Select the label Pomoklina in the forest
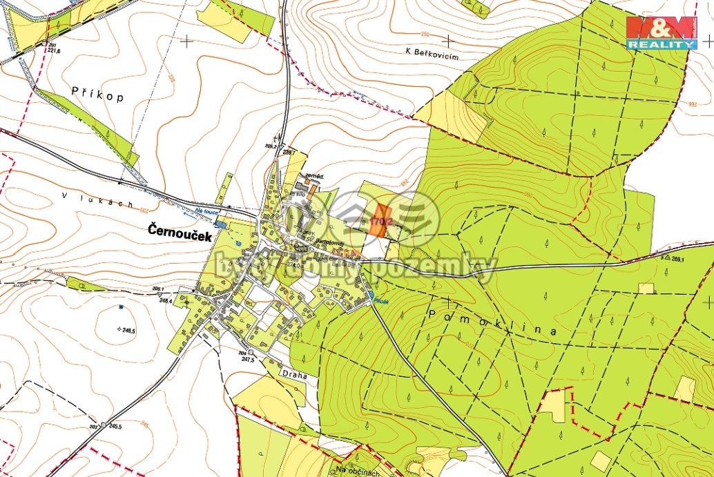[x=492, y=322]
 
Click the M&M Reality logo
[x=661, y=32]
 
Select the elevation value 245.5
[x=114, y=426]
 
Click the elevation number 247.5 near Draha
[x=247, y=360]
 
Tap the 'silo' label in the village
[x=300, y=195]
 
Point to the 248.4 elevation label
[x=165, y=300]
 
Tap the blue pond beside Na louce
[x=220, y=224]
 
